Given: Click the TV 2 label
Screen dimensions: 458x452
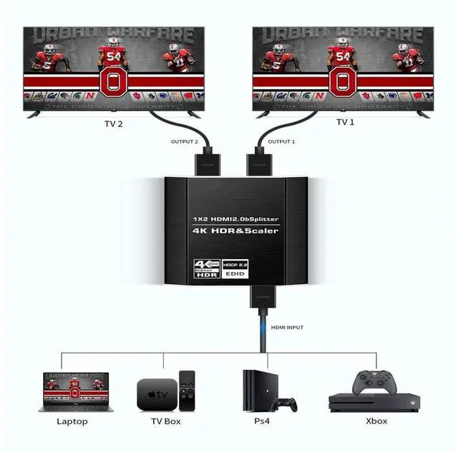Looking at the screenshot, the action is coord(114,123).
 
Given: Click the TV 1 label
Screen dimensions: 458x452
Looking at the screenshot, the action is coord(346,122).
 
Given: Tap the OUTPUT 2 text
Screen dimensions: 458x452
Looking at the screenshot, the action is coord(183,141).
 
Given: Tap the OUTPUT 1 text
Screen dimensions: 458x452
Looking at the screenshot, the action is coord(281,141).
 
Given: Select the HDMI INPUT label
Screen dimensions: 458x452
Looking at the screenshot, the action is coord(287,327).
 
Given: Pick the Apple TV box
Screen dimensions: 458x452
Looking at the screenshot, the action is coord(156,394).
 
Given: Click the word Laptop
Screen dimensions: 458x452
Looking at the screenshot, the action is coord(72,421).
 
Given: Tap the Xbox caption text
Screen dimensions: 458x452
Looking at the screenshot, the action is coord(376,421).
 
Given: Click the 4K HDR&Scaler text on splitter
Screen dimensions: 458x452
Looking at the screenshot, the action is coord(235,231).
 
